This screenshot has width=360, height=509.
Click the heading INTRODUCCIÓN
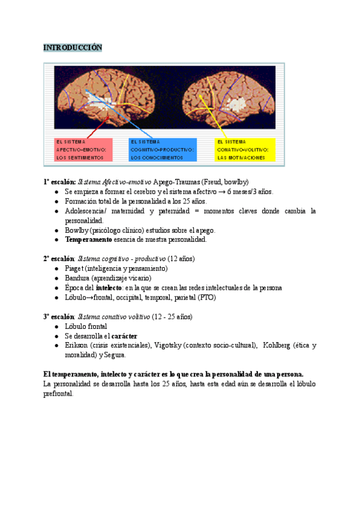click(73, 47)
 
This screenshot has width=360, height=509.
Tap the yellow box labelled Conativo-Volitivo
click(245, 149)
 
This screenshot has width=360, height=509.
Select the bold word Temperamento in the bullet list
click(88, 239)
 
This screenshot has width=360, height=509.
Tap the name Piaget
click(74, 268)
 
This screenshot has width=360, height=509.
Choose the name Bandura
click(77, 278)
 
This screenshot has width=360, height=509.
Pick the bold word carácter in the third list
click(125, 336)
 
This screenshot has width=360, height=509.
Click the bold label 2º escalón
click(58, 259)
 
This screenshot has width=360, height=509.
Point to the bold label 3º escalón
click(58, 316)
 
